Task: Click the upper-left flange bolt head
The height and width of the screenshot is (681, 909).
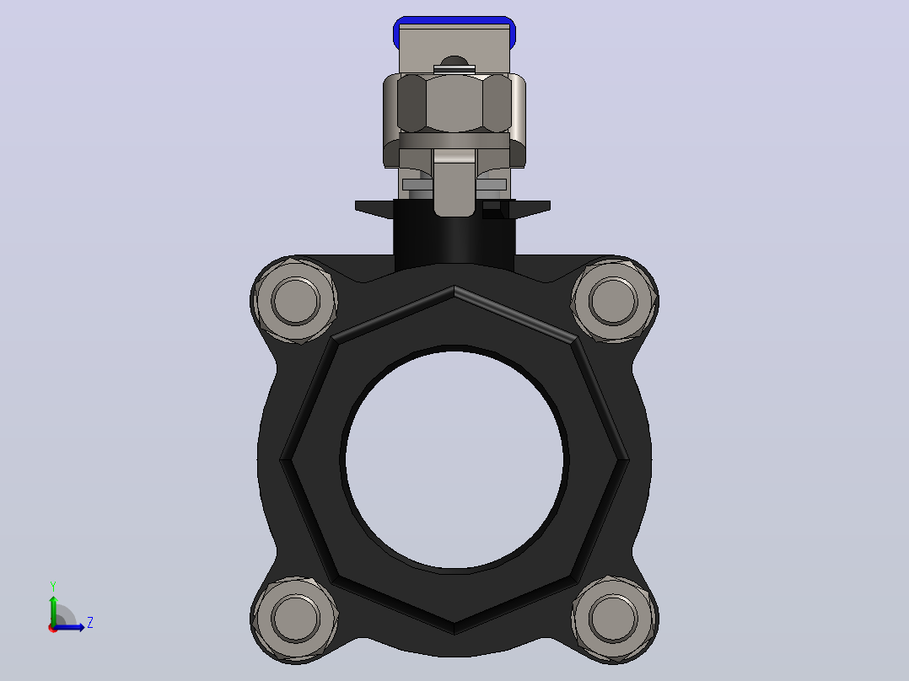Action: pyautogui.click(x=296, y=301)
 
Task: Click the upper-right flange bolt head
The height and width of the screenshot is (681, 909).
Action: pyautogui.click(x=613, y=301)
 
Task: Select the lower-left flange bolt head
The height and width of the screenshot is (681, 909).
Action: pyautogui.click(x=296, y=618)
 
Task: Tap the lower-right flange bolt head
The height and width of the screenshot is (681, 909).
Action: pyautogui.click(x=613, y=618)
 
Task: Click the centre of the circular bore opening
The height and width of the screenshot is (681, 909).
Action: pyautogui.click(x=454, y=459)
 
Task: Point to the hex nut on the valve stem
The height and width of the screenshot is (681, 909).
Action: pyautogui.click(x=454, y=103)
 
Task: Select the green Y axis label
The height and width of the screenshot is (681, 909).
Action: pyautogui.click(x=53, y=587)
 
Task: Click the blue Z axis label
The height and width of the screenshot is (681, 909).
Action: pyautogui.click(x=90, y=623)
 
